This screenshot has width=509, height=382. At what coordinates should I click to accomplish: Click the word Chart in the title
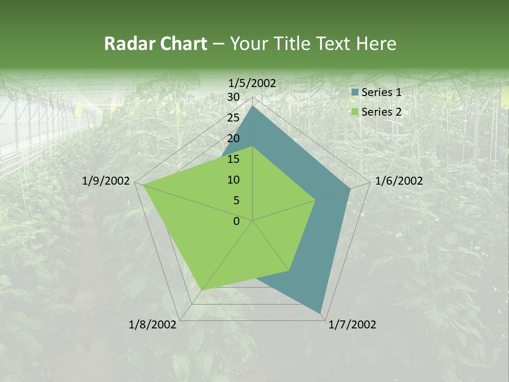(184, 44)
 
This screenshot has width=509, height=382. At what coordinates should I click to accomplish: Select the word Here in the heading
(376, 44)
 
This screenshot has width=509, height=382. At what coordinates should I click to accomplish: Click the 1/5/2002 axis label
(252, 83)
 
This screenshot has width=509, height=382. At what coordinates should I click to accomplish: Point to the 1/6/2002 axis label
(399, 181)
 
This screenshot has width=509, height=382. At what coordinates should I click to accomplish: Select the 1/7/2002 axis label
(352, 325)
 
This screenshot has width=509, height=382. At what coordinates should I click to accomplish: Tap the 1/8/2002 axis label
(153, 325)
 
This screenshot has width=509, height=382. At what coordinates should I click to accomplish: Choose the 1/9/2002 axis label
(106, 181)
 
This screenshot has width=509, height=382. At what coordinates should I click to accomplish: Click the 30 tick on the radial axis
(233, 97)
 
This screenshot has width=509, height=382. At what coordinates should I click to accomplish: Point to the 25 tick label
(233, 118)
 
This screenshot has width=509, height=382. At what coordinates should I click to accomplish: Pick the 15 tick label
(233, 159)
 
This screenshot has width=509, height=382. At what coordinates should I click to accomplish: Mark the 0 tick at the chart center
(236, 221)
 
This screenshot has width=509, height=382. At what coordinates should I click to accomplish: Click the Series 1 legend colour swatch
(355, 92)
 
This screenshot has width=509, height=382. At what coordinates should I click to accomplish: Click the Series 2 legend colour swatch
(355, 112)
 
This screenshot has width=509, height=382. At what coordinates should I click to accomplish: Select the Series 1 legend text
(381, 92)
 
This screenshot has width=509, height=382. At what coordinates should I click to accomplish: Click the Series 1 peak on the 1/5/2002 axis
(253, 106)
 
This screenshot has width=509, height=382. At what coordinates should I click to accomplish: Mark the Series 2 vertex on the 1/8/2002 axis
(203, 290)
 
